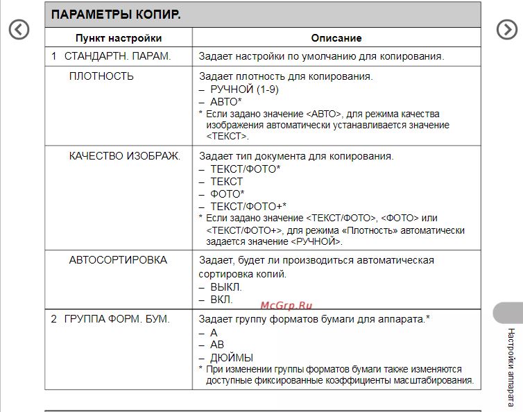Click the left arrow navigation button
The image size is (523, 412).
[19, 29]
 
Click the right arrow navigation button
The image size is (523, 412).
[507, 29]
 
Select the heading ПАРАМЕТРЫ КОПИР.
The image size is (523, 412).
[116, 15]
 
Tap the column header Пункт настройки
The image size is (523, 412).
[119, 38]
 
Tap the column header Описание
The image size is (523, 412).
[336, 38]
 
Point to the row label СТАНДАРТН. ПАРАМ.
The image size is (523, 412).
[117, 55]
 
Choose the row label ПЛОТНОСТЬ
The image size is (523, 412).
[101, 76]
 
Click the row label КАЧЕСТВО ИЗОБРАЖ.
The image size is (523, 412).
[124, 156]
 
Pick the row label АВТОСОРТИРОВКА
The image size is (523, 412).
[118, 260]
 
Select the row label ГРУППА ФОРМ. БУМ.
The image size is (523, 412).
[117, 319]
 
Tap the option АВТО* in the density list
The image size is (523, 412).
[226, 101]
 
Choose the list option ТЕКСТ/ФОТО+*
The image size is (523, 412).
[248, 206]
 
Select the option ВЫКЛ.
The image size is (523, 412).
[226, 287]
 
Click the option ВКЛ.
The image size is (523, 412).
[221, 300]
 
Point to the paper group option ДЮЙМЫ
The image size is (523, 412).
[231, 357]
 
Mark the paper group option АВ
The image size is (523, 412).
[217, 345]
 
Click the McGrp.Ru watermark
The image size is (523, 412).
[286, 305]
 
